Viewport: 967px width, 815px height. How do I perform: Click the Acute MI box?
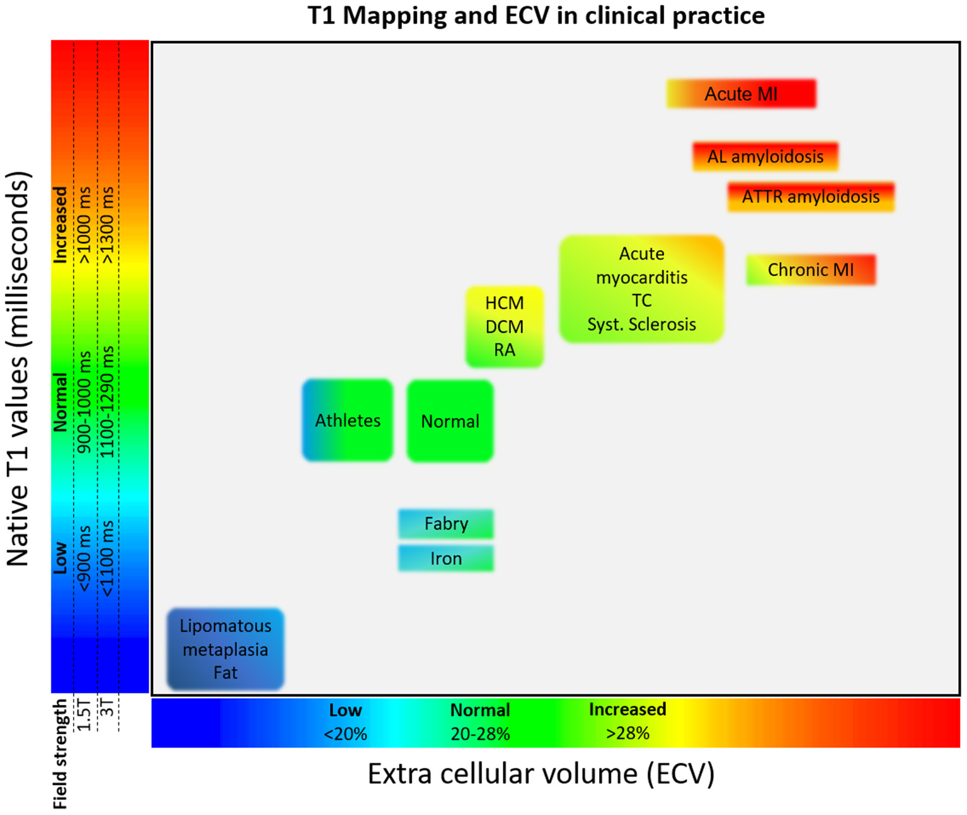pos(741,94)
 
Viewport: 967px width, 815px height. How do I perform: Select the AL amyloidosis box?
pos(765,156)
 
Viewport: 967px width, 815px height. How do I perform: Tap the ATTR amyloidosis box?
pos(810,197)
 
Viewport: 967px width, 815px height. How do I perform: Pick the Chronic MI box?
pos(810,270)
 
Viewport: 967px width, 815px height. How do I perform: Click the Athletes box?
pos(347,420)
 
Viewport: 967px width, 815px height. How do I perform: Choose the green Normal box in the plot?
pos(450,421)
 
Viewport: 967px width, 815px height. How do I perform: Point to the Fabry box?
pos(445,524)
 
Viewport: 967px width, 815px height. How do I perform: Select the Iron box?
pos(445,558)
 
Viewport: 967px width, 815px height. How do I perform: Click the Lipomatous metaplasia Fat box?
pos(225,649)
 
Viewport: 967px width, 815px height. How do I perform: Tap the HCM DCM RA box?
pos(504,327)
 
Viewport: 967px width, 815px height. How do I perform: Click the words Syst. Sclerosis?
pos(641,325)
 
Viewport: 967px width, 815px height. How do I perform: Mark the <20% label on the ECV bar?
pos(345,734)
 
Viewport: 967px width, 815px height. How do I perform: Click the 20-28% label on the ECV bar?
pos(480,734)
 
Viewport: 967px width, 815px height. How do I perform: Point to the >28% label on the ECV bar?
pos(627,734)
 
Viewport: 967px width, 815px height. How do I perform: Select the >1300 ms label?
pos(108,225)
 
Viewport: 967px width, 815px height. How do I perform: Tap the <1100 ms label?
pos(108,558)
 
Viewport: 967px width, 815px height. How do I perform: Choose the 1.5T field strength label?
pos(84,714)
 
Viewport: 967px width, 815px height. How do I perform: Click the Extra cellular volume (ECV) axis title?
pos(541,774)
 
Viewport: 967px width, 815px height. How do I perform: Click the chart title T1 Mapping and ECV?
pos(535,15)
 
